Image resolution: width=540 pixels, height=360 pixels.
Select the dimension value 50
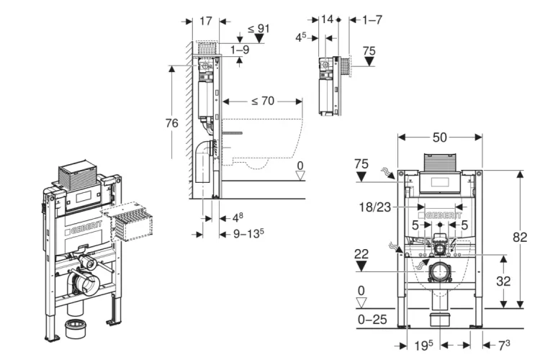pyautogui.click(x=440, y=137)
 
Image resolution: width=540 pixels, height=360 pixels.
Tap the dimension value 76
pyautogui.click(x=171, y=123)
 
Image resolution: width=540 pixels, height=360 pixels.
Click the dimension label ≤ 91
pyautogui.click(x=259, y=29)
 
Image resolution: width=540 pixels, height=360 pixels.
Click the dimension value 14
pyautogui.click(x=328, y=19)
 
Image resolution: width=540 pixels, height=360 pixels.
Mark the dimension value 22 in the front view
pyautogui.click(x=362, y=253)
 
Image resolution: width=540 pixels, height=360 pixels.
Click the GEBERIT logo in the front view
pyautogui.click(x=441, y=216)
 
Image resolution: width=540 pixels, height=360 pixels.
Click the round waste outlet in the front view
pyautogui.click(x=439, y=274)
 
